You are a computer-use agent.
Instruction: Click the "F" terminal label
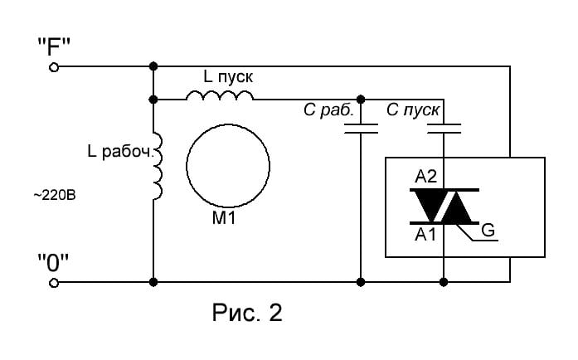coord(54,46)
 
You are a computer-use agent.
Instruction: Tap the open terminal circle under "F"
coord(54,67)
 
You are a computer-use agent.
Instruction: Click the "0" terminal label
coord(53,263)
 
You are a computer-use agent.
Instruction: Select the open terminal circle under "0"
coord(54,283)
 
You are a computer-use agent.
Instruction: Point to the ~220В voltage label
coord(55,195)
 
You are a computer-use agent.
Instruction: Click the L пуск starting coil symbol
coord(220,95)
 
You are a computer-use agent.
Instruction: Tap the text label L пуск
coord(228,76)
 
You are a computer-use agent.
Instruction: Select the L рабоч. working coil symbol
coord(158,166)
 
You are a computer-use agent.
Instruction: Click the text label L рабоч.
coord(119,151)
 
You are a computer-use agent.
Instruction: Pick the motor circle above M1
coord(228,124)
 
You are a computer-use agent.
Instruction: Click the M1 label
coord(224,218)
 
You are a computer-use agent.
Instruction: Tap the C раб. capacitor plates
coord(361,129)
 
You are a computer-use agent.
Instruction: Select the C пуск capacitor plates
coord(444,129)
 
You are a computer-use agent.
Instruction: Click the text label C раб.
coord(328,110)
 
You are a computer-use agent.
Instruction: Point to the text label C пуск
coord(413,110)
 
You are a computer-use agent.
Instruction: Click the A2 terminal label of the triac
coord(425,177)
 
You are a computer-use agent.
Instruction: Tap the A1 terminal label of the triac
coord(425,234)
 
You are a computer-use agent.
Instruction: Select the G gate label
coord(488,231)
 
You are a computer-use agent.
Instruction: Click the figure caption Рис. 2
coord(247,313)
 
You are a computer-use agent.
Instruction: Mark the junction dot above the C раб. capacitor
coord(361,100)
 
